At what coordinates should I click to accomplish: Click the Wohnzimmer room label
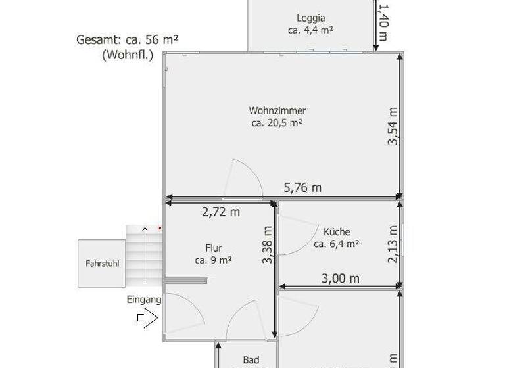pos(277,110)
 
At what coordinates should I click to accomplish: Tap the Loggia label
pos(310,18)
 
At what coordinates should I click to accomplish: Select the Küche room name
pos(337,231)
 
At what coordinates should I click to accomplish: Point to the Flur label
pos(213,248)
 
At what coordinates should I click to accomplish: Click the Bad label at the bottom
pos(251,359)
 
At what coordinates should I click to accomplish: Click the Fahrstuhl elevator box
pos(102,264)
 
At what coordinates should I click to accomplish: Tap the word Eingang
pos(143,299)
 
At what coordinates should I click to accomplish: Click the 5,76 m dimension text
pos(302,187)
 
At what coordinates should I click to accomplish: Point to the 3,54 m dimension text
pos(393,126)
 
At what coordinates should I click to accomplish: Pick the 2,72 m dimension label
pos(220,212)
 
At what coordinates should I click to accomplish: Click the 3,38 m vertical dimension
pos(267,244)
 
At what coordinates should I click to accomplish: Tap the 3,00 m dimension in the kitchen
pos(340,278)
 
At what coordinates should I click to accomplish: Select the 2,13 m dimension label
pos(393,244)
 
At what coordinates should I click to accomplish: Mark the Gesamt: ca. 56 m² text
pos(128,39)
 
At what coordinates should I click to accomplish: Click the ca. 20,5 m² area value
pos(277,123)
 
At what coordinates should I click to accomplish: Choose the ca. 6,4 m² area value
pos(336,244)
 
